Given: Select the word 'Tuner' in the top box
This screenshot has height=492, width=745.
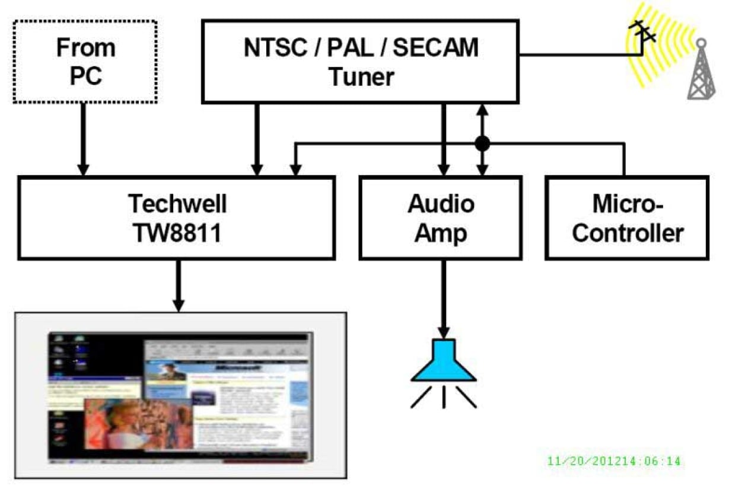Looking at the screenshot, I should [361, 77].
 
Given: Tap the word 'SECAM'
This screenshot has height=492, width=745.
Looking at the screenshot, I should [435, 47].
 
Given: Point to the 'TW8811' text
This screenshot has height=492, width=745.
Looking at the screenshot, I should [176, 234].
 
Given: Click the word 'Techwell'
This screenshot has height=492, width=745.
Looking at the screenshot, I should [177, 204].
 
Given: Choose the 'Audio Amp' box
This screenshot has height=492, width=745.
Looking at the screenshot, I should [441, 218].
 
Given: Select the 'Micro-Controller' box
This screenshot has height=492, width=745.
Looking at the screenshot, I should [627, 218].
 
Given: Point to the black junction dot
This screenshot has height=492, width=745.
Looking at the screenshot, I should [482, 143].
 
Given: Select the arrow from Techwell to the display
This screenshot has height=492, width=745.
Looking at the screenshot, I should [177, 285].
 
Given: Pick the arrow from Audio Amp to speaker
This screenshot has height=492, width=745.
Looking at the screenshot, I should [442, 297].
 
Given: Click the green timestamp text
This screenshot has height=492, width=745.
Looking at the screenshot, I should [614, 461].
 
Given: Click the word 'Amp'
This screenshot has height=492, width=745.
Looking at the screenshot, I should [440, 233].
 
